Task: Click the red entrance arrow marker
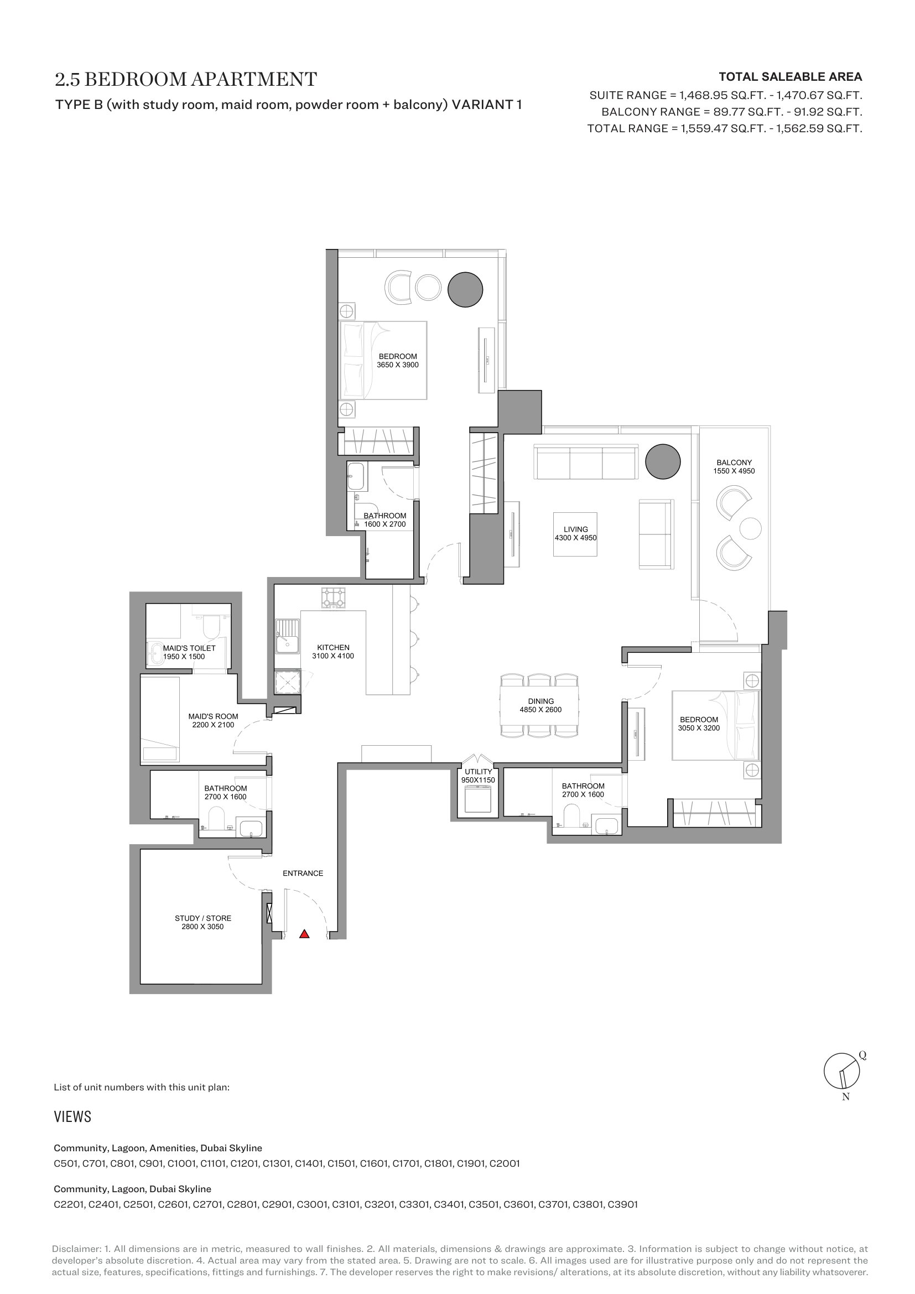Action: click(x=304, y=934)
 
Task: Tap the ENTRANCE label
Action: click(x=303, y=873)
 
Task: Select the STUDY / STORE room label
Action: click(x=203, y=922)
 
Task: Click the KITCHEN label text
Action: click(x=333, y=648)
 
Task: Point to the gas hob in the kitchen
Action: click(x=333, y=597)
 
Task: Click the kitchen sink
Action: click(x=287, y=636)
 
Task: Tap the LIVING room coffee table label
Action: click(x=575, y=534)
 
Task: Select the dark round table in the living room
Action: click(x=663, y=461)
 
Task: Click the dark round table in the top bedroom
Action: click(x=465, y=290)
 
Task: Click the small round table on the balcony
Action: click(x=750, y=529)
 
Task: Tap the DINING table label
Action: click(x=540, y=705)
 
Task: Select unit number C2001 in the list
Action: click(x=505, y=1163)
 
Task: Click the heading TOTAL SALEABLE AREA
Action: click(x=791, y=77)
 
